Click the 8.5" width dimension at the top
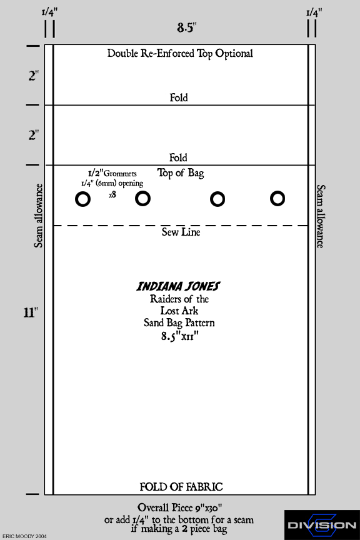tap(187, 27)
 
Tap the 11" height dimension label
tap(31, 312)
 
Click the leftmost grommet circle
tap(82, 199)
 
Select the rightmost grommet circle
tap(277, 199)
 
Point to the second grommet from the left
tap(142, 199)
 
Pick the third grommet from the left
tap(217, 199)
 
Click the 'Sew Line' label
tap(181, 232)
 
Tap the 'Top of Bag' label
tap(181, 173)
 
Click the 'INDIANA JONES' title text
tap(178, 286)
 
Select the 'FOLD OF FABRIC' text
tap(181, 487)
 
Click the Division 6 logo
tap(322, 525)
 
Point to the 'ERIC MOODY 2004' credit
tap(24, 536)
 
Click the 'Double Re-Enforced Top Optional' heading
tap(180, 54)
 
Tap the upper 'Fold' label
tap(179, 97)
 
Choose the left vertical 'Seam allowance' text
tap(38, 216)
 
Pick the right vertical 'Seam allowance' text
tap(321, 216)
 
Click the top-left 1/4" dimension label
tap(49, 12)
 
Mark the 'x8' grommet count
tap(112, 195)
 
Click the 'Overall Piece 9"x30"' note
tap(179, 507)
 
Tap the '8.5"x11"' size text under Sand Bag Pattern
tap(180, 336)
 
